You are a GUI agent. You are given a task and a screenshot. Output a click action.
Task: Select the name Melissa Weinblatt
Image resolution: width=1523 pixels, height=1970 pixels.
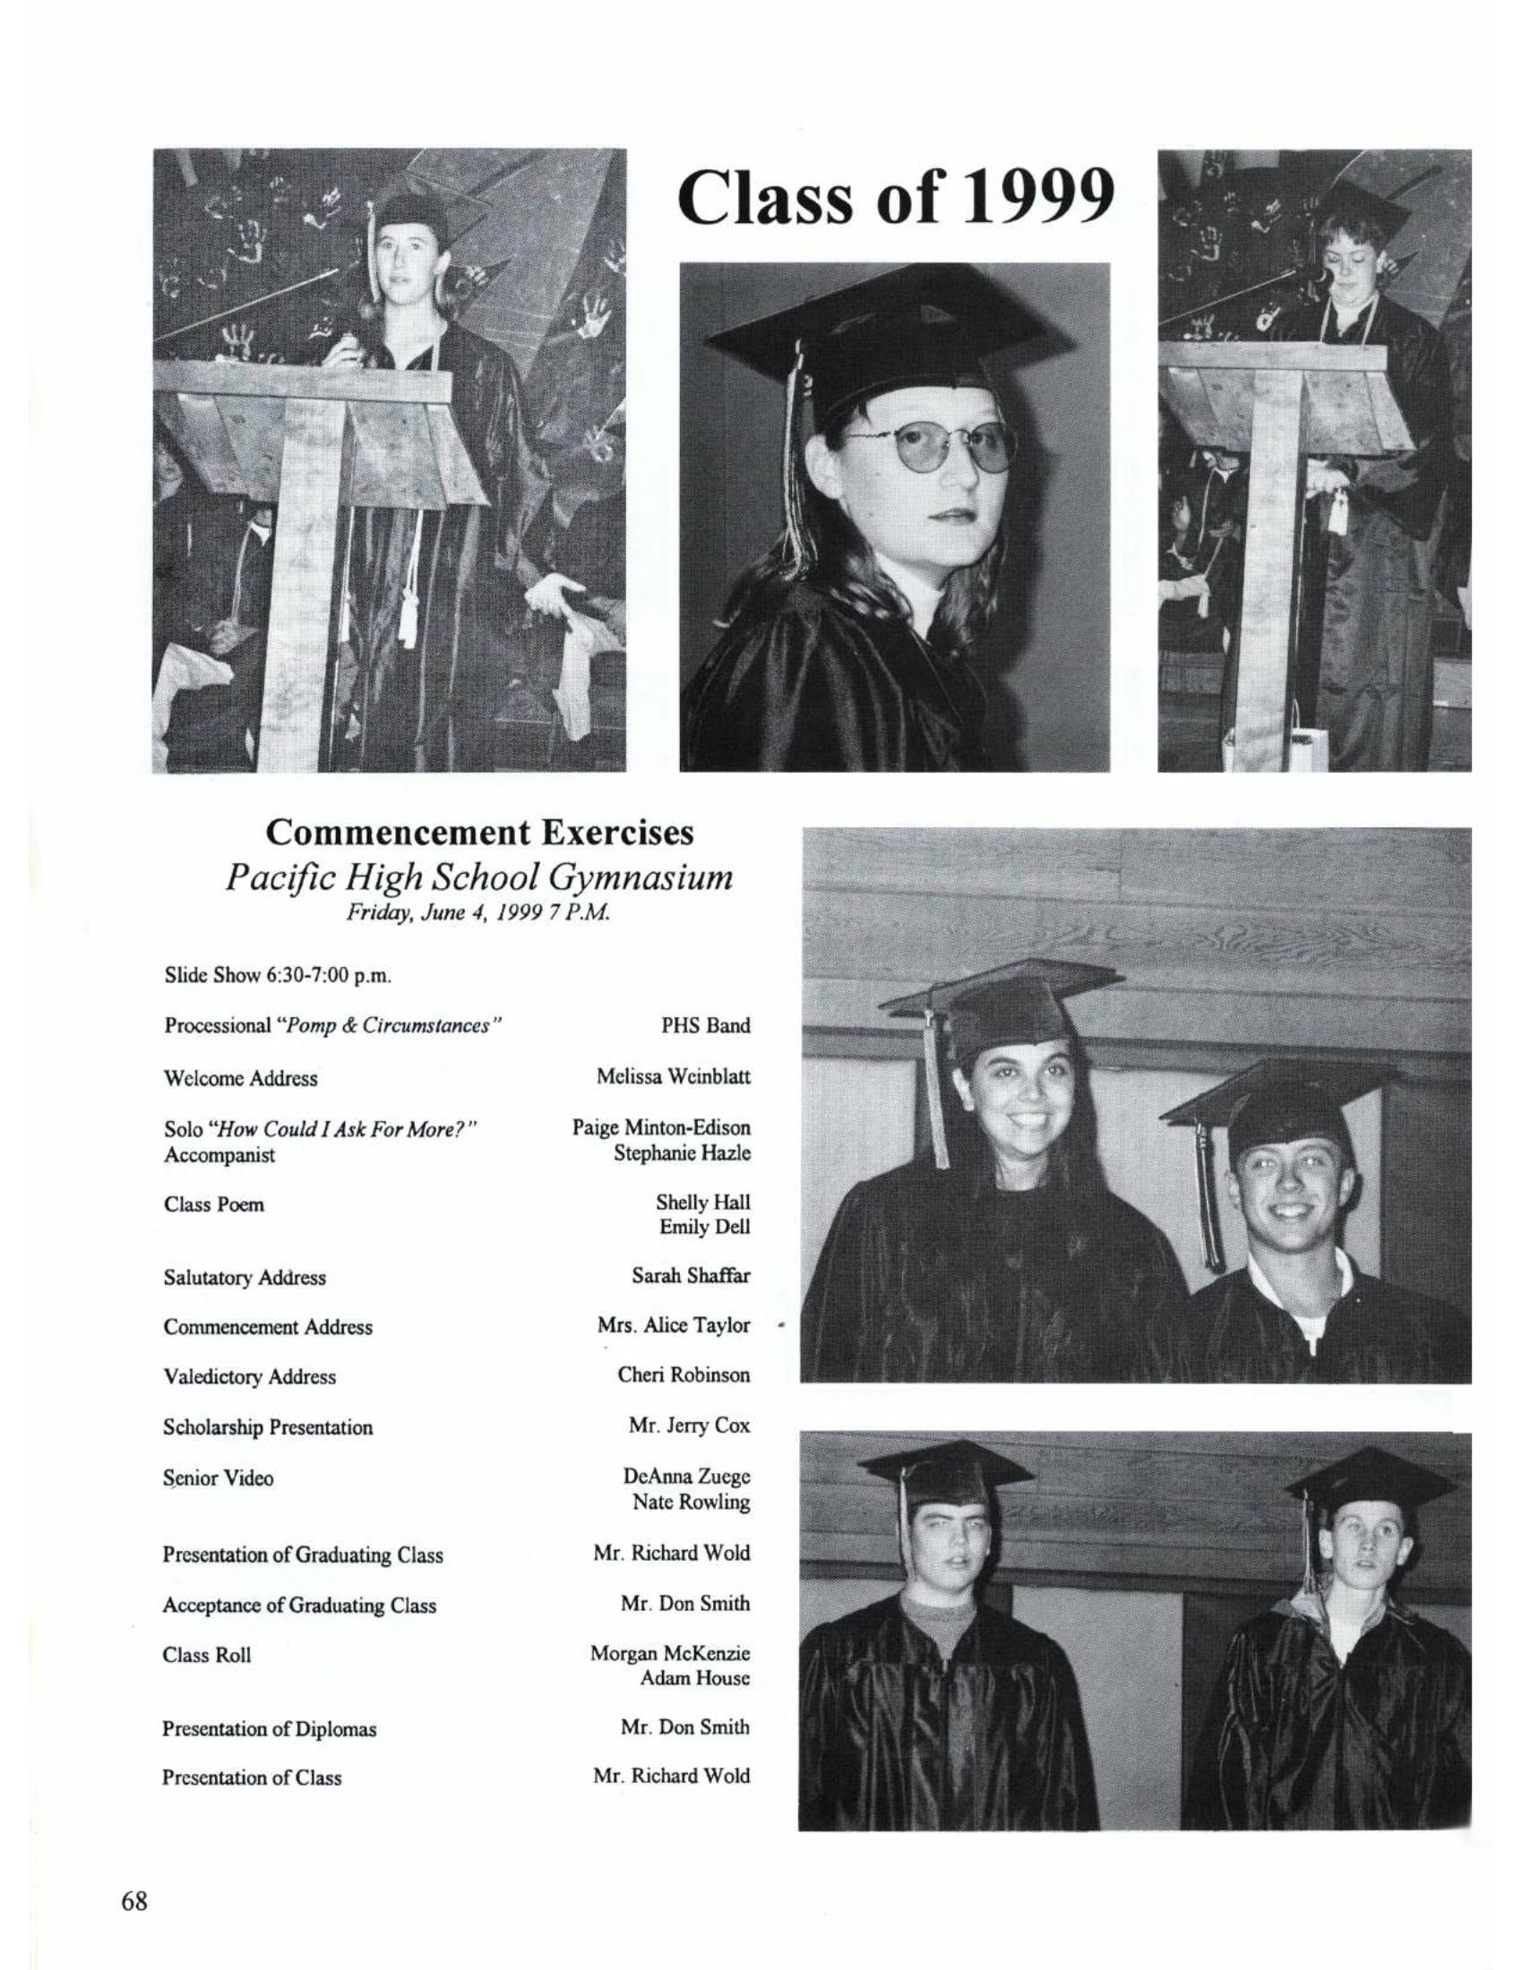[x=673, y=1077]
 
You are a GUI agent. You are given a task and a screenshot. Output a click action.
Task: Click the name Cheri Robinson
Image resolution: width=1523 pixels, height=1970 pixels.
[x=684, y=1375]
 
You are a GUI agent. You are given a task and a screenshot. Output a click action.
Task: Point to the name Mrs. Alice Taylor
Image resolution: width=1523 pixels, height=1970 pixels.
[x=673, y=1325]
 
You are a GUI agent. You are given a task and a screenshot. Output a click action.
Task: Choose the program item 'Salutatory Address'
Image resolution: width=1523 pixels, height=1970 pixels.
[x=245, y=1277]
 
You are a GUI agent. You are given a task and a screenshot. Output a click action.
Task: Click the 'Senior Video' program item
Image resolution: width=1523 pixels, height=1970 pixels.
[x=219, y=1477]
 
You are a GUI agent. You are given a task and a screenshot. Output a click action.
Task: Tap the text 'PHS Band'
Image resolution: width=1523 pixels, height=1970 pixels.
[x=706, y=1025]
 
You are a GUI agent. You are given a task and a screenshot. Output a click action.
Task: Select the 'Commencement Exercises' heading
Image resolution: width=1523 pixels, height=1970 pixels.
[x=479, y=832]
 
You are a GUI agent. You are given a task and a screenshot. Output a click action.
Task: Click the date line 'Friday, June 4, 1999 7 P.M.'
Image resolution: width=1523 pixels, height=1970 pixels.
[x=479, y=912]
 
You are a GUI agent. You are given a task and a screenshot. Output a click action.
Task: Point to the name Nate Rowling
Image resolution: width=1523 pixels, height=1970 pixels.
[x=691, y=1502]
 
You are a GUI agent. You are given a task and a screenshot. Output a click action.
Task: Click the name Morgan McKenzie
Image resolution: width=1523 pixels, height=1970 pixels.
[x=670, y=1653]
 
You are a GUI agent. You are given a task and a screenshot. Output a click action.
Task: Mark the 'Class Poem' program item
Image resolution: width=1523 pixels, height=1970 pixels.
[x=214, y=1204]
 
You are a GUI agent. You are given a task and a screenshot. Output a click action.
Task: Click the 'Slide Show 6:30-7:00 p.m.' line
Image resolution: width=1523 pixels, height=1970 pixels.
[x=277, y=975]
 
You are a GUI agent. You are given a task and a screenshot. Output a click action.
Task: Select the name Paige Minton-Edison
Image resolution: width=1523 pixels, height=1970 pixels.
[x=661, y=1127]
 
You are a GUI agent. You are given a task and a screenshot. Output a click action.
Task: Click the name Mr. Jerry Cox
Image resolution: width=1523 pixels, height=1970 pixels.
[x=689, y=1426]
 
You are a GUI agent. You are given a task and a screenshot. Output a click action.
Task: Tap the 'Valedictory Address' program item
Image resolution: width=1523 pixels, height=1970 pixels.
[x=249, y=1376]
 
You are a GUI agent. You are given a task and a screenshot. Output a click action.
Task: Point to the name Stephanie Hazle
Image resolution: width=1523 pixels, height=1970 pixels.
[x=682, y=1152]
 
